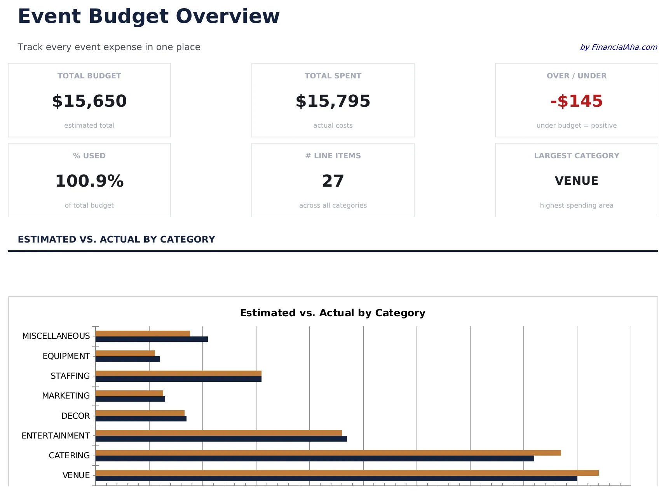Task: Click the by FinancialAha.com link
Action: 618,47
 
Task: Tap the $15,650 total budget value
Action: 89,101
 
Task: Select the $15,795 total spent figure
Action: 333,101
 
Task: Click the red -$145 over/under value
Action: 576,101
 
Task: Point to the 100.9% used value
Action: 89,181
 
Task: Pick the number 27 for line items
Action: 333,181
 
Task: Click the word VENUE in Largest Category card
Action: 576,181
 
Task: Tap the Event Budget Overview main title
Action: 148,16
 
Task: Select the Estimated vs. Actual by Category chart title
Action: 333,313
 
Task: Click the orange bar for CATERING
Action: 328,453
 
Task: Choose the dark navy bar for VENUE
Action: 336,478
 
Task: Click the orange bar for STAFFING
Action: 178,373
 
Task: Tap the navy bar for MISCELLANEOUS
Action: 152,339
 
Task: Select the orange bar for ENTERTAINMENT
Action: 218,433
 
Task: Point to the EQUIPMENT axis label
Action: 66,356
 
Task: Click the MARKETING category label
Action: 66,396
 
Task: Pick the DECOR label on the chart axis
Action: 75,416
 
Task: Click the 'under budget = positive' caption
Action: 576,125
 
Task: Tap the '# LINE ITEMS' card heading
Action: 333,156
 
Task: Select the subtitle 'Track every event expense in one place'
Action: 109,47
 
